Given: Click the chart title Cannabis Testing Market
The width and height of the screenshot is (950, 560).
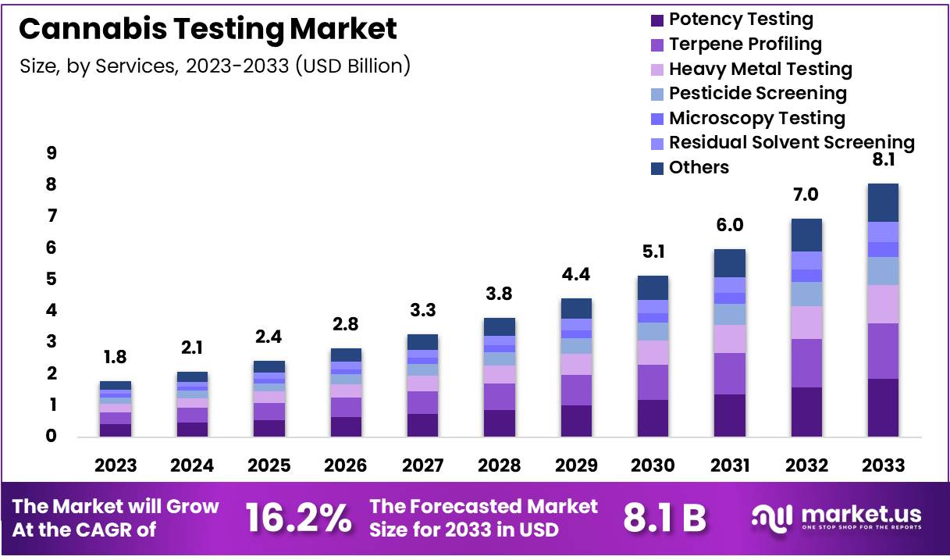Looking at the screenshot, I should (x=208, y=29).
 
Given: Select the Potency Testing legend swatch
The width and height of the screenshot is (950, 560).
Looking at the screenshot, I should (x=657, y=20).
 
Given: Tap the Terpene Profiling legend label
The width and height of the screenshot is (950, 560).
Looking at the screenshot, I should (x=745, y=44).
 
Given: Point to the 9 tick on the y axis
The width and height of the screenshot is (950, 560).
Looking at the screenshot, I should (x=52, y=153).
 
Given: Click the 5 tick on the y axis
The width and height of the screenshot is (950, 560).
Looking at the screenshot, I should (x=52, y=279).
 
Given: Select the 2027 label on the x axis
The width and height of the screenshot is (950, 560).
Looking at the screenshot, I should (x=422, y=465).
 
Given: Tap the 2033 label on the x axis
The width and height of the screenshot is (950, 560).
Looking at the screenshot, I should (x=883, y=465).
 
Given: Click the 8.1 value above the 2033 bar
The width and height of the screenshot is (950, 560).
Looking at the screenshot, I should (x=883, y=160).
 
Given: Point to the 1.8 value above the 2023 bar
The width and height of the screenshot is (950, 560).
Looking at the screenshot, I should (x=116, y=358).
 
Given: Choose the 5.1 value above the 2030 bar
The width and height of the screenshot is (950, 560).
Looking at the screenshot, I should (x=653, y=253).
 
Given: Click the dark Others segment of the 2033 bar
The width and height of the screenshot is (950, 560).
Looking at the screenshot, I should (x=883, y=202).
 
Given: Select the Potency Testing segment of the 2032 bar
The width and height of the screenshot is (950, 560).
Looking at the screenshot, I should (x=806, y=412).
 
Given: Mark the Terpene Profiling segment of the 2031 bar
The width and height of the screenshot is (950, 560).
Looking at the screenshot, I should (x=730, y=373).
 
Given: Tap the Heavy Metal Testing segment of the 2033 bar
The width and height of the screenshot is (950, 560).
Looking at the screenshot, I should (x=883, y=304).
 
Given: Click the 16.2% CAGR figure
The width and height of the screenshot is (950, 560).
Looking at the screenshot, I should (x=298, y=518).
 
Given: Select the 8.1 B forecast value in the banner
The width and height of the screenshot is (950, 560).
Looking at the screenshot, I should (x=664, y=518).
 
